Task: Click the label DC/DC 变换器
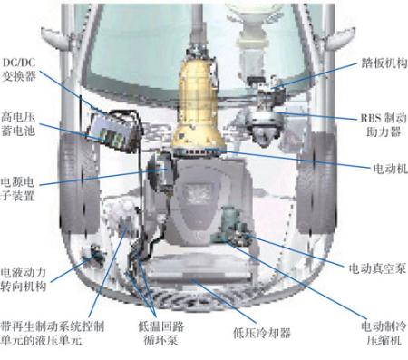[19, 69]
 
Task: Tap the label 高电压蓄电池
[18, 123]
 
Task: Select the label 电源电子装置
[17, 189]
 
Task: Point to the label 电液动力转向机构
[24, 279]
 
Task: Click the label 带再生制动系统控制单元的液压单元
[53, 333]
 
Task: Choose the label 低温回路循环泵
[160, 333]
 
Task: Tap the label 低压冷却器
[262, 333]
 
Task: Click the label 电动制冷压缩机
[384, 333]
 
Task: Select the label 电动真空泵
[377, 268]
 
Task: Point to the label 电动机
[391, 169]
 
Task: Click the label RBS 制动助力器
[384, 124]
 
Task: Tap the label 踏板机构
[384, 63]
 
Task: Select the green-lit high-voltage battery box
[113, 131]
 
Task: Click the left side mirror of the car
[56, 39]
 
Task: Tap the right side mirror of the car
[339, 39]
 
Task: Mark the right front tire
[316, 183]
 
